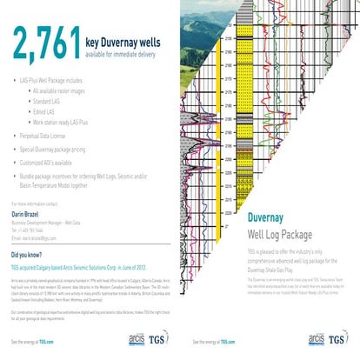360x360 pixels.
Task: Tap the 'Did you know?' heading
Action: point(30,256)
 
